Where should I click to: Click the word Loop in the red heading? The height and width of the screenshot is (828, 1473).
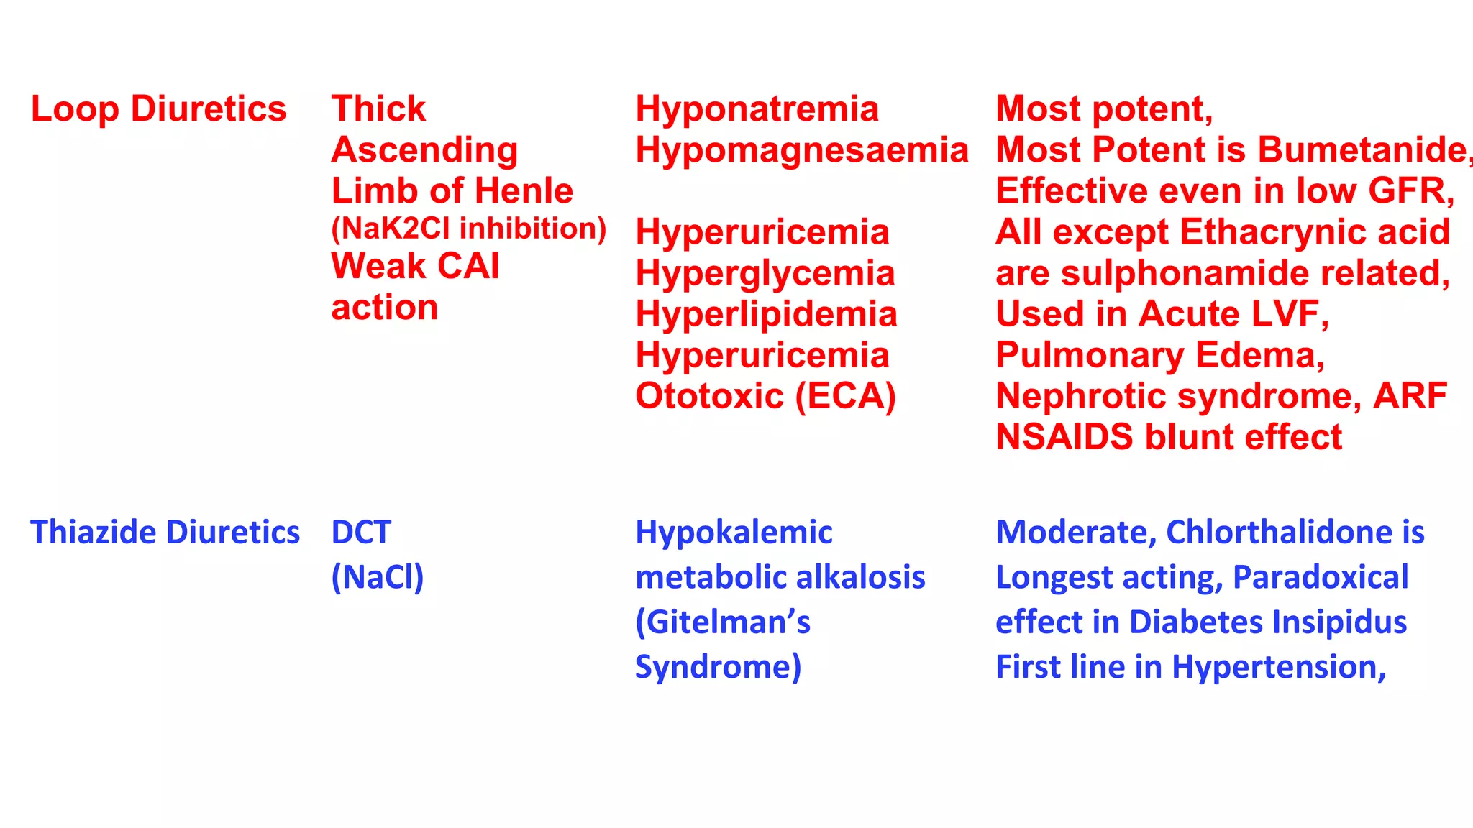[x=74, y=110]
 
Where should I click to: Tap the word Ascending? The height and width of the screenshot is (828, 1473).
[x=424, y=151]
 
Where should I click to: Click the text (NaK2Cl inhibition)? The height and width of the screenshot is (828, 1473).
[x=468, y=229]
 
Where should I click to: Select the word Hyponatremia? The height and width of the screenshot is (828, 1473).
[x=757, y=109]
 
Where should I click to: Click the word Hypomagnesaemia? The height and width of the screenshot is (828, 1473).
[x=802, y=150]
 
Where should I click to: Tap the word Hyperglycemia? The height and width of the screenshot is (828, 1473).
[x=765, y=274]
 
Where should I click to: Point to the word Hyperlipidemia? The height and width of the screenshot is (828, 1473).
[x=766, y=315]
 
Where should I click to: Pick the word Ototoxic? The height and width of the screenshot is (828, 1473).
[x=709, y=396]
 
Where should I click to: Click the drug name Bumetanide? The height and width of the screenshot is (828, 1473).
[x=1362, y=150]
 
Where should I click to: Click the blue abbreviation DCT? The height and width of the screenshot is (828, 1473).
[x=361, y=533]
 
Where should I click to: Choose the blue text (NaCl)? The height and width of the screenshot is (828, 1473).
[x=378, y=577]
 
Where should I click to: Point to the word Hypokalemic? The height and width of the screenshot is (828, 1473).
[x=734, y=533]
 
